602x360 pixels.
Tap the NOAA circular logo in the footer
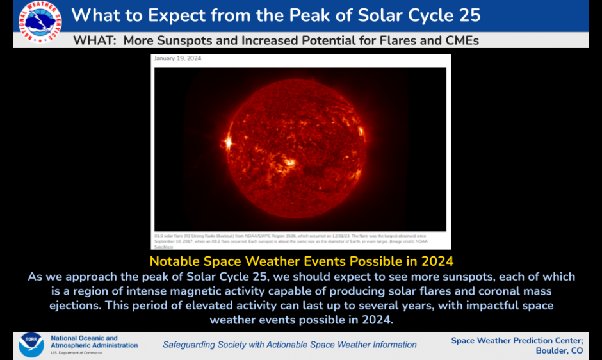click(31, 345)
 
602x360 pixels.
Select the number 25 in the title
click(466, 15)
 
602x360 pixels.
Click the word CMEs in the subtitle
click(459, 40)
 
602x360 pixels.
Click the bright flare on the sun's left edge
click(227, 140)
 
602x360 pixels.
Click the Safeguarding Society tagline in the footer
click(289, 345)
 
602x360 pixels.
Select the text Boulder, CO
click(559, 350)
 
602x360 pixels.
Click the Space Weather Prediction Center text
click(517, 340)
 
